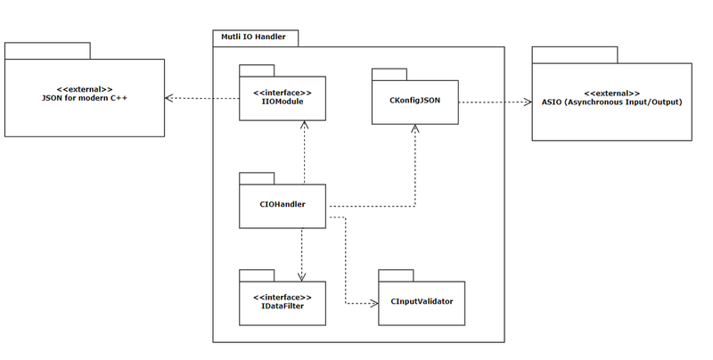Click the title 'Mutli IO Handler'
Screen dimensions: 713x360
(x=253, y=37)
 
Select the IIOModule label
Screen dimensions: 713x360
(x=283, y=102)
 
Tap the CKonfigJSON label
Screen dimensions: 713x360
(x=414, y=101)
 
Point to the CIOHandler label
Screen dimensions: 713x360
(x=283, y=204)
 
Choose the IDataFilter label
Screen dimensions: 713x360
(x=283, y=306)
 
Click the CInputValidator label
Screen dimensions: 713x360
(x=422, y=301)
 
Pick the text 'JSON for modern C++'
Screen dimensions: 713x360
(x=85, y=98)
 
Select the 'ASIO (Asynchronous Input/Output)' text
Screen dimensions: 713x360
(x=612, y=102)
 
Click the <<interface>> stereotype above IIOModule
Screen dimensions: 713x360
(x=283, y=94)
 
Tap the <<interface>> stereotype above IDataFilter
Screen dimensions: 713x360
(x=283, y=298)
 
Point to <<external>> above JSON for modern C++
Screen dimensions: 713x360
(x=85, y=89)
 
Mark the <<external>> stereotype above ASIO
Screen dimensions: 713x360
(x=612, y=94)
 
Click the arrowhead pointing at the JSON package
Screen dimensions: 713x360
(x=168, y=98)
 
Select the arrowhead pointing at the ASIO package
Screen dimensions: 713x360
(x=528, y=102)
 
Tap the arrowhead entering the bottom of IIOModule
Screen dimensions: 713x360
(x=304, y=125)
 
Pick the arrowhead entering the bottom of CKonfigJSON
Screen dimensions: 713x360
(x=414, y=128)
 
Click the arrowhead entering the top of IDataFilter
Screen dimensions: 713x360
(x=301, y=277)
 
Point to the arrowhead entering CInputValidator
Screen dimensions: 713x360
(x=374, y=303)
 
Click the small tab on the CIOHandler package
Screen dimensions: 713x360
(x=257, y=178)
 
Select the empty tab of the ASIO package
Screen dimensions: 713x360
(x=575, y=55)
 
